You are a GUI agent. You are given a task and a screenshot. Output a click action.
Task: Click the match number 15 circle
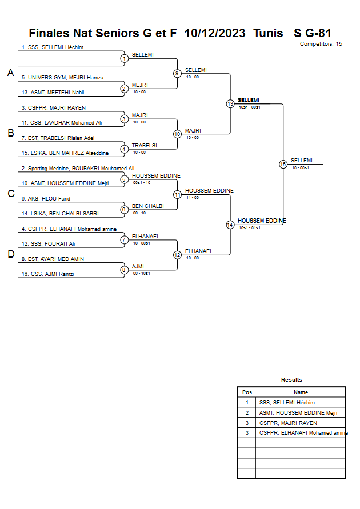[x=283, y=164]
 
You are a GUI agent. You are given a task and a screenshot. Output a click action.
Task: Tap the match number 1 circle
[x=124, y=58]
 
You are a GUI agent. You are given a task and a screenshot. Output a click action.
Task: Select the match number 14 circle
[x=230, y=225]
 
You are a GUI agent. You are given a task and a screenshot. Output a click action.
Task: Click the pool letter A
[x=10, y=73]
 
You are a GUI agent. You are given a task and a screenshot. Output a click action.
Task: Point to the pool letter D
[x=10, y=255]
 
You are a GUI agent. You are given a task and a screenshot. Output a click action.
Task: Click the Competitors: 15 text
[x=321, y=44]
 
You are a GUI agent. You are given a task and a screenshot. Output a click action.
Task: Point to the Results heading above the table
[x=291, y=380]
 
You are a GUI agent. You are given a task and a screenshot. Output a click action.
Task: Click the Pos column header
[x=247, y=392]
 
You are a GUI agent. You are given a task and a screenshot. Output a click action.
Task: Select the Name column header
[x=301, y=392]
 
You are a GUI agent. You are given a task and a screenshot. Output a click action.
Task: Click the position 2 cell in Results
[x=247, y=413]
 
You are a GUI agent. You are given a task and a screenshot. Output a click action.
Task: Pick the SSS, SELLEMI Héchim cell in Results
[x=287, y=403]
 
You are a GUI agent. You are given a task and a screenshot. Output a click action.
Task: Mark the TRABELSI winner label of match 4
[x=145, y=146]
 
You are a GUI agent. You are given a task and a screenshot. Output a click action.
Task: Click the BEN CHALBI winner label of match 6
[x=148, y=206]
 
